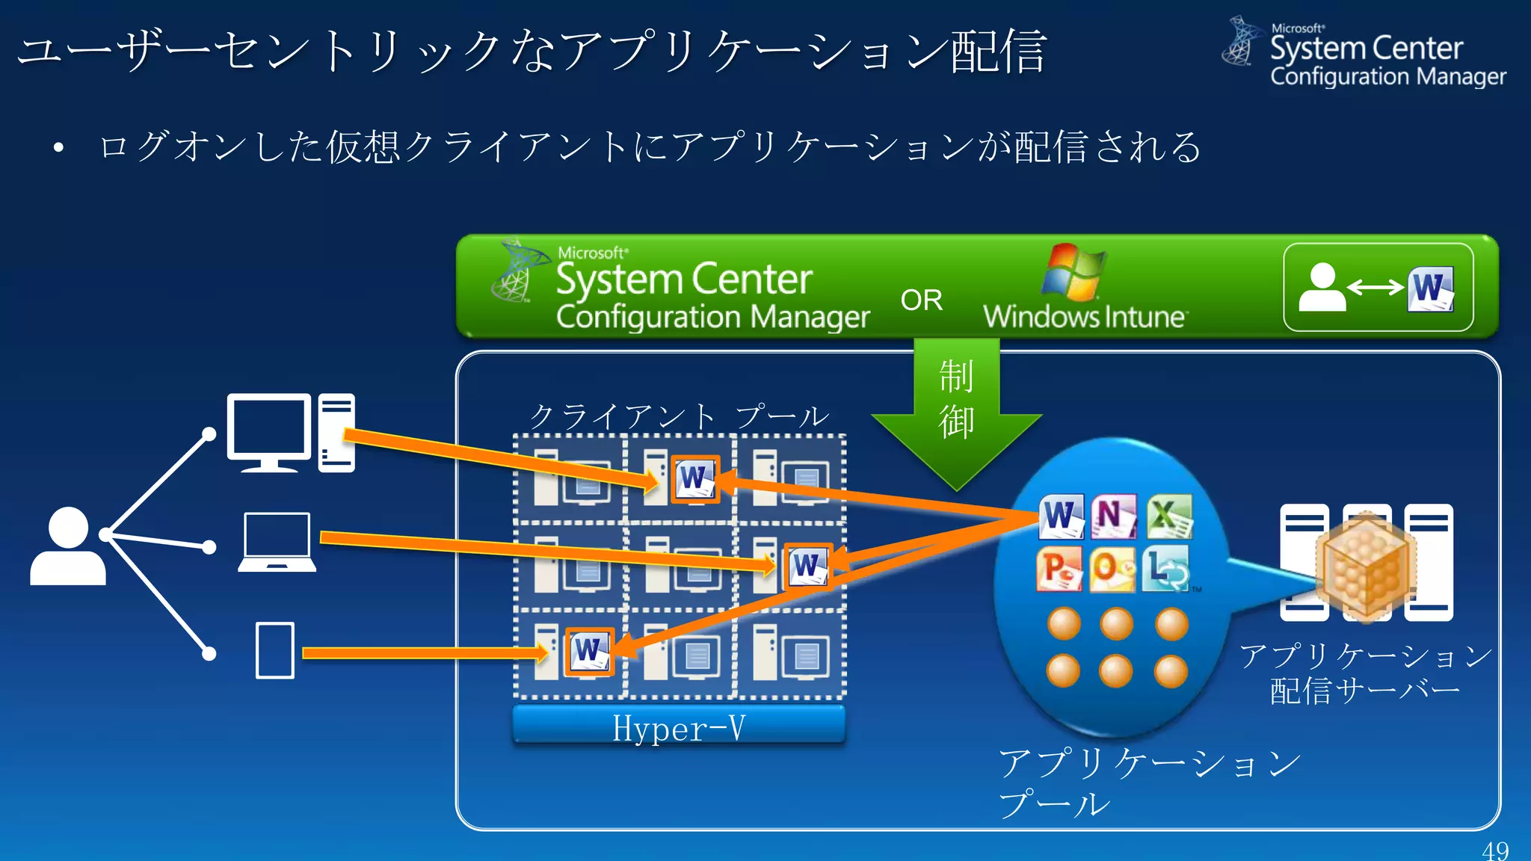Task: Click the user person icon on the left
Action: [67, 546]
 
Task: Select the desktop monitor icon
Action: [269, 432]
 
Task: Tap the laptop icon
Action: [277, 543]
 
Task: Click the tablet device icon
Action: [274, 650]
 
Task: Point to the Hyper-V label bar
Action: [679, 726]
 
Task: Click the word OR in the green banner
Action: [921, 300]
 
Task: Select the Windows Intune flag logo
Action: [1073, 272]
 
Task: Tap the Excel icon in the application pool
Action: [1169, 516]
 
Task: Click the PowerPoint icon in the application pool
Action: [1059, 569]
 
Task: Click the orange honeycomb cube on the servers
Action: [1366, 567]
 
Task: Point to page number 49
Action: [1495, 851]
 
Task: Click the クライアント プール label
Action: [679, 416]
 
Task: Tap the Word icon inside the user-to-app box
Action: [1430, 288]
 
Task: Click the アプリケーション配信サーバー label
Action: [1365, 673]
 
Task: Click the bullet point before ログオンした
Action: [58, 148]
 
